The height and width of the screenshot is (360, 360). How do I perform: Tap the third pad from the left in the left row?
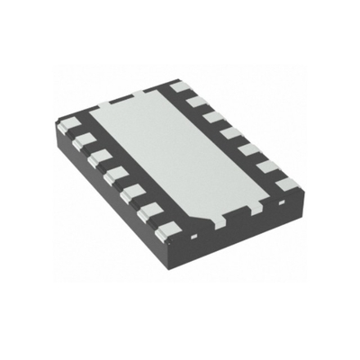(97, 155)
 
